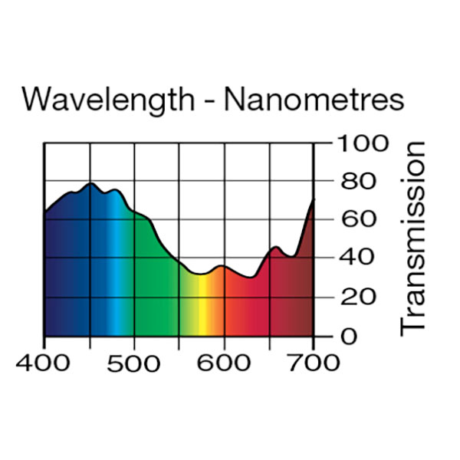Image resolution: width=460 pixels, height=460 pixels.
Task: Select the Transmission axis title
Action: [414, 238]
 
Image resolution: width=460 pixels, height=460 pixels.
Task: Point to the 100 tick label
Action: [359, 143]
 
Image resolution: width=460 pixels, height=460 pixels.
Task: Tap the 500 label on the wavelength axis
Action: [134, 360]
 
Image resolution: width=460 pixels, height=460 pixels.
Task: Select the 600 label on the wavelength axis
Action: [224, 360]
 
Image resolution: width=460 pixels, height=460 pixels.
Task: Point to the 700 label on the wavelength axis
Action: [313, 360]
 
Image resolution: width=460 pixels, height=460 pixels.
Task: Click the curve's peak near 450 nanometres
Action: [90, 183]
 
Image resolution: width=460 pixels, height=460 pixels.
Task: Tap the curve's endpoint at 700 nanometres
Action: [314, 200]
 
